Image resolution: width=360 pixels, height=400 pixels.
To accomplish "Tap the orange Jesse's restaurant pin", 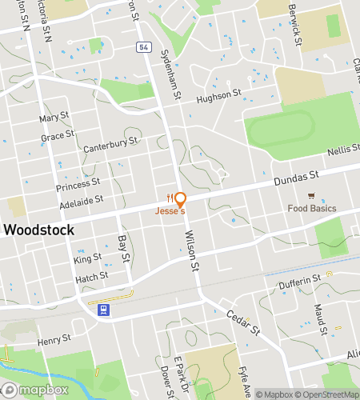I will pos(180,199).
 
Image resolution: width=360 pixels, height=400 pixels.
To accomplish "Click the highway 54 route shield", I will pos(142,48).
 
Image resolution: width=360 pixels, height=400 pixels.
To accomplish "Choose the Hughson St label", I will pos(219,95).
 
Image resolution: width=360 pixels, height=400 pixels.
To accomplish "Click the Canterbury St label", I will pos(110,145).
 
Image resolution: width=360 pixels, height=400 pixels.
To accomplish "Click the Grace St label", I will pos(58,136).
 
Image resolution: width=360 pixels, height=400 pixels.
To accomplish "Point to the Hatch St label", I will pos(91,276).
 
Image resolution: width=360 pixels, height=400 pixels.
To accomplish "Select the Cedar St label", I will pos(244,323).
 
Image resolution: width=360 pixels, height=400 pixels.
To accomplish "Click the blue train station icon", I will pos(103,309).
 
